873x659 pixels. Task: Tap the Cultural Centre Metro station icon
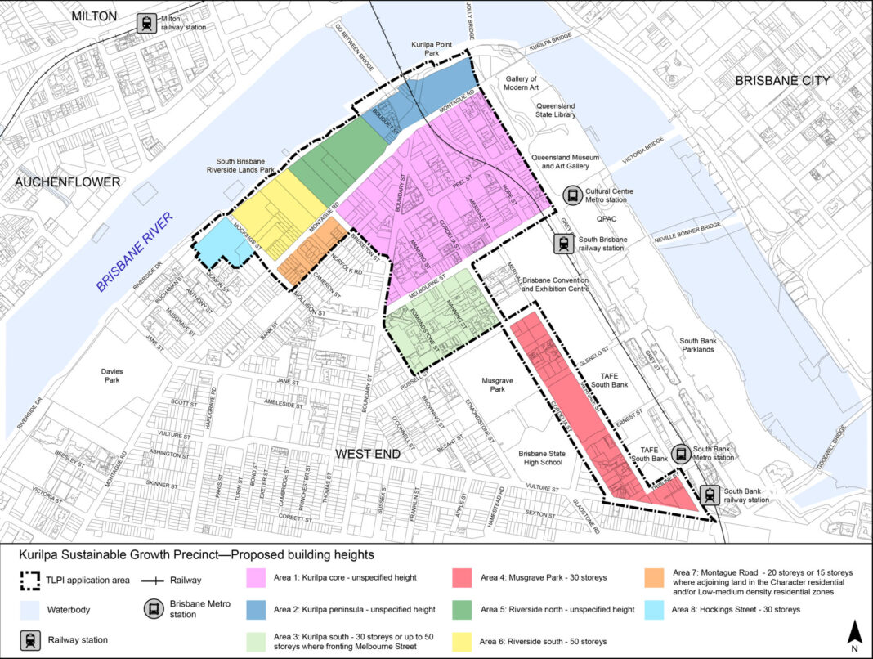tap(573, 195)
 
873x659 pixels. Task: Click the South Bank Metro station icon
tap(679, 453)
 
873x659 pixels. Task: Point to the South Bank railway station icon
tap(710, 495)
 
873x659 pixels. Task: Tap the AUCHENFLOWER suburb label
tap(67, 182)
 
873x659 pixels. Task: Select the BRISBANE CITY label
tap(782, 80)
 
